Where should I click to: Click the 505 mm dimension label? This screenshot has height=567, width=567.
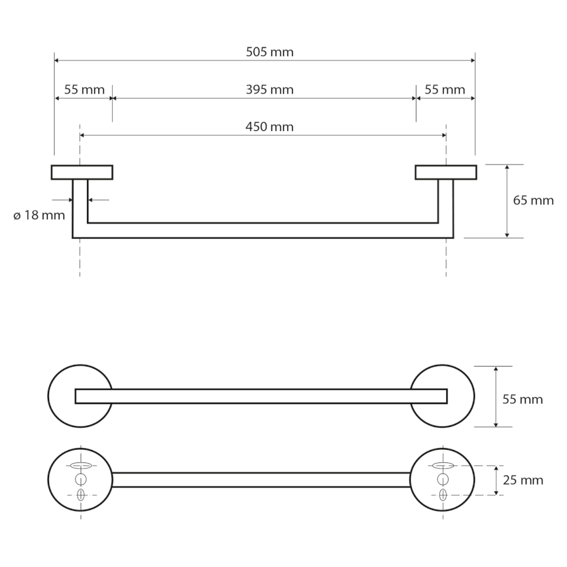tap(270, 52)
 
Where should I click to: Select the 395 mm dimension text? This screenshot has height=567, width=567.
tap(270, 89)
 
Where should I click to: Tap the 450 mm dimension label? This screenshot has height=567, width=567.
tap(270, 127)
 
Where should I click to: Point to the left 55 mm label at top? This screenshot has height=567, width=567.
tap(84, 89)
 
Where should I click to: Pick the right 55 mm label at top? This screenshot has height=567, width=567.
tap(445, 89)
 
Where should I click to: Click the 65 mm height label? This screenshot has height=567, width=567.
tap(534, 200)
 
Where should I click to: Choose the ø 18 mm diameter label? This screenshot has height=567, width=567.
tap(39, 215)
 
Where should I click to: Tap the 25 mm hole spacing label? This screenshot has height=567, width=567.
tap(523, 480)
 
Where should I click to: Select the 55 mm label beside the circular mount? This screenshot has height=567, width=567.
tap(522, 399)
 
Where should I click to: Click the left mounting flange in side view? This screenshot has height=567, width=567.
tap(82, 172)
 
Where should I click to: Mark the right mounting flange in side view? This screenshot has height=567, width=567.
tap(446, 172)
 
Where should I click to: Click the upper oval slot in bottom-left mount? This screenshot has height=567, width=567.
tap(81, 466)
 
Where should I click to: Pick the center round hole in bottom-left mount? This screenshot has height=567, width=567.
tap(81, 479)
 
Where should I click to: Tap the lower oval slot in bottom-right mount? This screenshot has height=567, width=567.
tap(443, 495)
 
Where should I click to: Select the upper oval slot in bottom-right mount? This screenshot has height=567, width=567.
tap(443, 466)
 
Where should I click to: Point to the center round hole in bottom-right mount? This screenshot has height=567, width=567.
tap(443, 479)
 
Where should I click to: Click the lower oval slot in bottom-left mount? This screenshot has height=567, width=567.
tap(81, 495)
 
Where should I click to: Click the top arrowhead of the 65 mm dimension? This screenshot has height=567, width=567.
tap(507, 168)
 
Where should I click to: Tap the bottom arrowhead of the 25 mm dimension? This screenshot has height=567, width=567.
tap(496, 492)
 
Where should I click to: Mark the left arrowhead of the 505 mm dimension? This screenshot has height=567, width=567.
tap(57, 60)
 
